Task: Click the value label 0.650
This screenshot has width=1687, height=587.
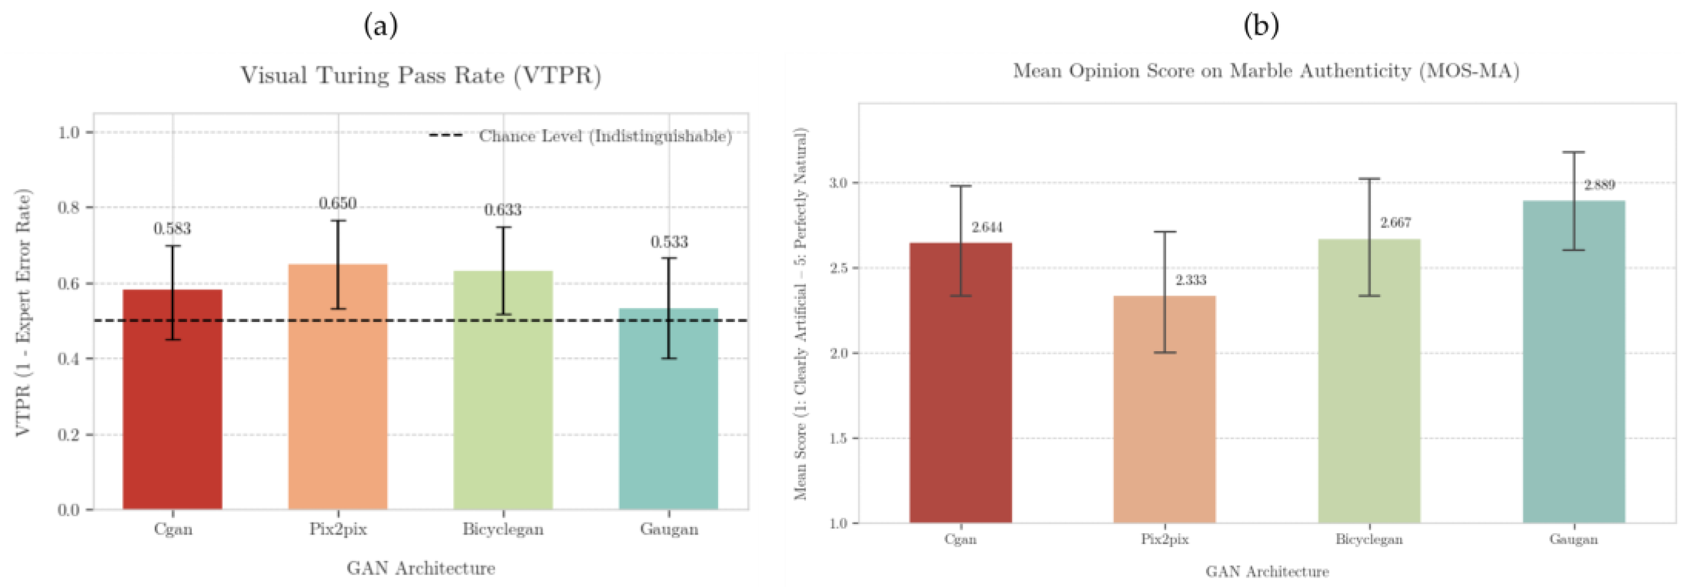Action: [338, 204]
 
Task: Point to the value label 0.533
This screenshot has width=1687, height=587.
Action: [668, 242]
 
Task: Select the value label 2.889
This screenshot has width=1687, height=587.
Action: [1599, 185]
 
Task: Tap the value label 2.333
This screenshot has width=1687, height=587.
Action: [1191, 280]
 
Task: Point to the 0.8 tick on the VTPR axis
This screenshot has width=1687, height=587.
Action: [68, 208]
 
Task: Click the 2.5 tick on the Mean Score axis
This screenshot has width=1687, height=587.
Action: [838, 268]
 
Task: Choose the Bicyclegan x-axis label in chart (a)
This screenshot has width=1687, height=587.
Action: [503, 530]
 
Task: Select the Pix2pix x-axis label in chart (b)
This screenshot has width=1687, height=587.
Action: [1165, 539]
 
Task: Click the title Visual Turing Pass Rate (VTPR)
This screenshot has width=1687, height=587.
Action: [420, 75]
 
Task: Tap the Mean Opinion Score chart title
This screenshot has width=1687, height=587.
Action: [1266, 71]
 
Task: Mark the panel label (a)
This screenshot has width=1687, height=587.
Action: [380, 26]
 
